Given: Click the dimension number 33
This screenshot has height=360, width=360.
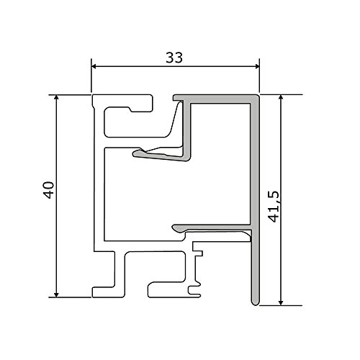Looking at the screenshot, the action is (174, 58).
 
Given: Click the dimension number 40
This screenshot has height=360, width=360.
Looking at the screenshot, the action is (49, 190).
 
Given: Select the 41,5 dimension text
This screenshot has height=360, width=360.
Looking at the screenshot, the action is (274, 207).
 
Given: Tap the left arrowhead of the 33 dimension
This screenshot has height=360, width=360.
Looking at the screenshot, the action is (94, 66).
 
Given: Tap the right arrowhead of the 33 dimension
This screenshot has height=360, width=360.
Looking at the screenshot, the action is (257, 66).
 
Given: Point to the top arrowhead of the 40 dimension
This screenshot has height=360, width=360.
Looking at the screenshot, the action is (56, 97).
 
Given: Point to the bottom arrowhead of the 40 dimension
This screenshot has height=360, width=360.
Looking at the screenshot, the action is (56, 294).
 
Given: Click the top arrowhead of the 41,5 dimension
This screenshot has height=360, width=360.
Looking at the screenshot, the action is (281, 97).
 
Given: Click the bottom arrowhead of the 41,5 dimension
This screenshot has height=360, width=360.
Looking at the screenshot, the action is (281, 303).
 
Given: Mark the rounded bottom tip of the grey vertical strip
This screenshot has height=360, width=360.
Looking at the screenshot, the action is (255, 303).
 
